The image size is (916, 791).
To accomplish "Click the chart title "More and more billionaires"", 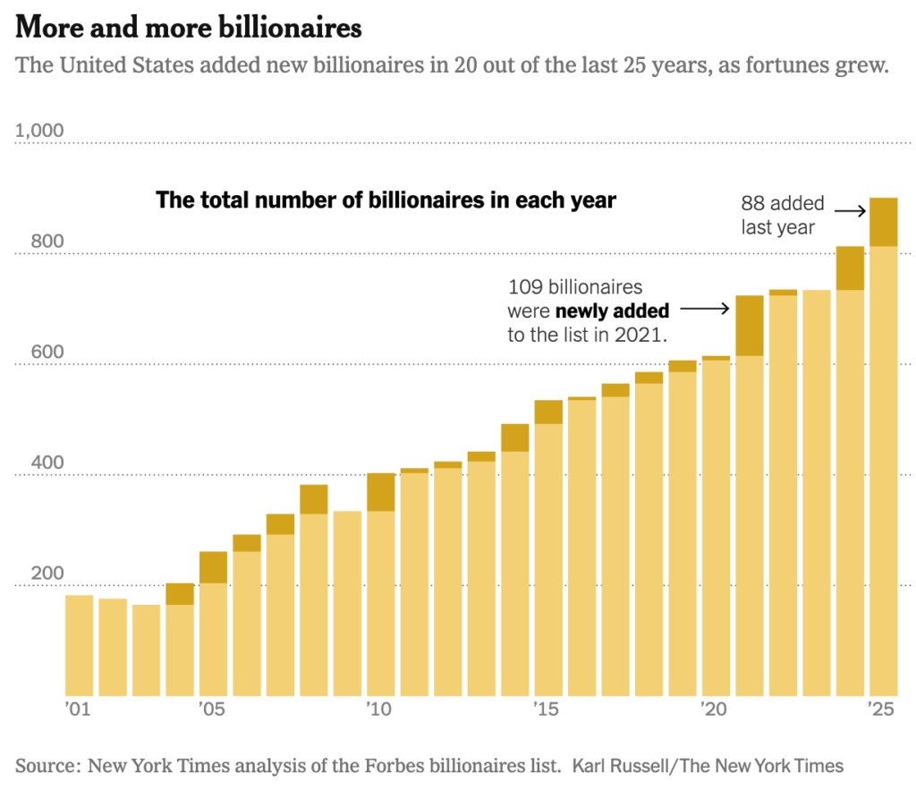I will (x=188, y=28).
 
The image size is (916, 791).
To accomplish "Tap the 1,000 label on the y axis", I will (x=39, y=131).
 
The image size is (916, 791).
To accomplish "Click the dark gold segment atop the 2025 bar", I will (x=883, y=222).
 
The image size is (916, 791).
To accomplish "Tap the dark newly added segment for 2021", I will (x=749, y=326).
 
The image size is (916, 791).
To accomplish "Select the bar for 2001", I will (x=80, y=644).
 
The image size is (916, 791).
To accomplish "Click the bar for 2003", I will (x=147, y=650).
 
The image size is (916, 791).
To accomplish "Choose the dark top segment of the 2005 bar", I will (x=213, y=567).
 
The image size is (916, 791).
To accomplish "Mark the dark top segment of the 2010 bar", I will (x=381, y=492).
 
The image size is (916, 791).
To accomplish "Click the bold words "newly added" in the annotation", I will (x=612, y=311).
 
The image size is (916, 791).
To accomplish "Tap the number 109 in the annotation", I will (x=524, y=288).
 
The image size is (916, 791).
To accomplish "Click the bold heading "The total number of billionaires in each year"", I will (x=386, y=200).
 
